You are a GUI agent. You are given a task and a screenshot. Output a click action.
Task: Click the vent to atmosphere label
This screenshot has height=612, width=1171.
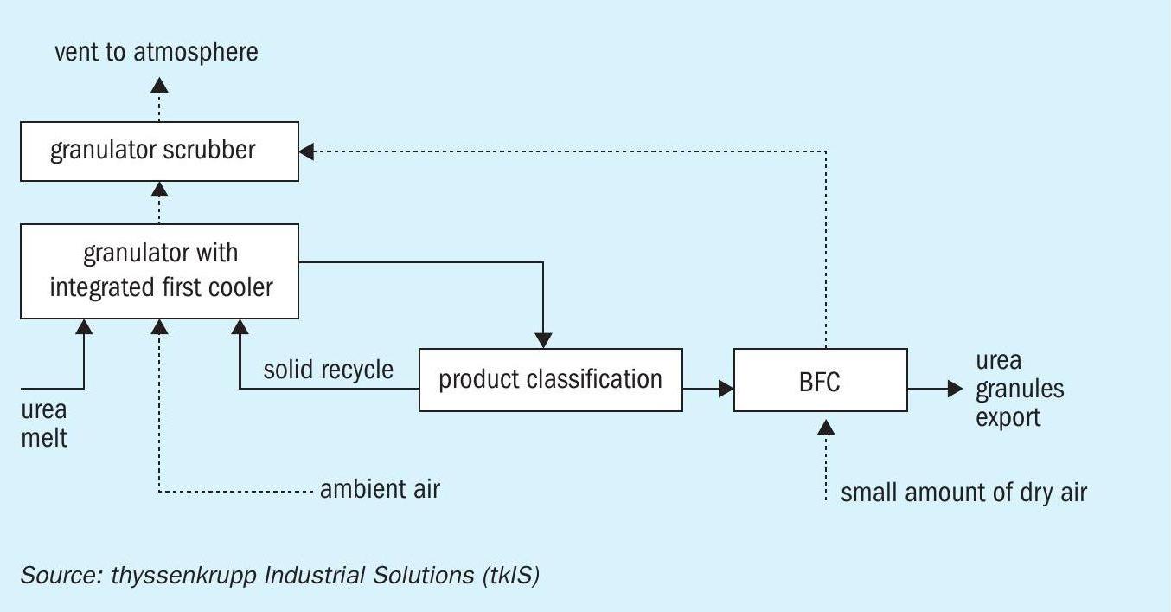(157, 52)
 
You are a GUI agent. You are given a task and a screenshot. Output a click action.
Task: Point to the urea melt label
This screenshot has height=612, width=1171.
(44, 424)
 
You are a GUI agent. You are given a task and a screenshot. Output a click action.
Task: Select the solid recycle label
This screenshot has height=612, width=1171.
(329, 370)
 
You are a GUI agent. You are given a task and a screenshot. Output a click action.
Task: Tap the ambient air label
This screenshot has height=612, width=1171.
(380, 489)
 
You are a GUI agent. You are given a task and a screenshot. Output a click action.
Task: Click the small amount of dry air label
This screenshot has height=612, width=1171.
(964, 493)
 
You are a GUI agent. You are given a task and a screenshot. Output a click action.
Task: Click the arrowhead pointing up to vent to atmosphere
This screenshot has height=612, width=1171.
(159, 85)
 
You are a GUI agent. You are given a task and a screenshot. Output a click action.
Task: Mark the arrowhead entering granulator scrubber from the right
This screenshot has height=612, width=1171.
(306, 151)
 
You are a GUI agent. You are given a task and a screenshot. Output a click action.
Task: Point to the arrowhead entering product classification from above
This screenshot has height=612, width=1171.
(543, 340)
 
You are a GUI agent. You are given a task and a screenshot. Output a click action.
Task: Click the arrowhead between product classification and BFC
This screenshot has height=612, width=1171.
(726, 389)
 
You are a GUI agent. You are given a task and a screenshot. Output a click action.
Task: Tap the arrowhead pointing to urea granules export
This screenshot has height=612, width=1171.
(955, 389)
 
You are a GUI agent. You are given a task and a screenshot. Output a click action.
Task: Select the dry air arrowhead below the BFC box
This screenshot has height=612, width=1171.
(826, 428)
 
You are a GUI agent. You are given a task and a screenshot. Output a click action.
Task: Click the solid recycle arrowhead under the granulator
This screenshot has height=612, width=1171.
(240, 327)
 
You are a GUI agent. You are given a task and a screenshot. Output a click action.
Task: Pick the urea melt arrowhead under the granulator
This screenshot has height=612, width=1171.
(84, 327)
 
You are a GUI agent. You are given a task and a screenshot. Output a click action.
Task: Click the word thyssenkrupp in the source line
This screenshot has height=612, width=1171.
(183, 576)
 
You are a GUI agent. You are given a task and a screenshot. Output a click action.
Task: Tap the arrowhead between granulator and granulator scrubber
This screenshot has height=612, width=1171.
(159, 190)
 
